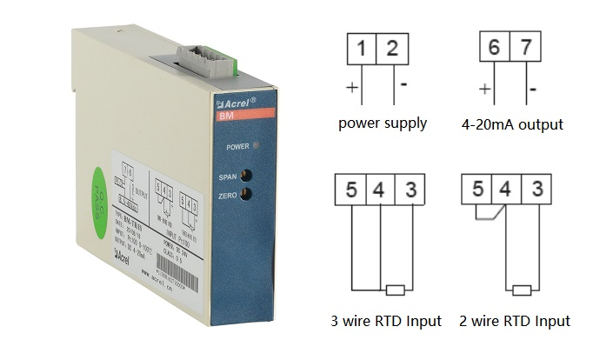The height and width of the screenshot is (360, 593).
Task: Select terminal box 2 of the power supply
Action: click(391, 48)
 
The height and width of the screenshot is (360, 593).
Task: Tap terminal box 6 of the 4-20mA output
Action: click(493, 48)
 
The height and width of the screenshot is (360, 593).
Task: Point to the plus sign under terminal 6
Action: click(484, 89)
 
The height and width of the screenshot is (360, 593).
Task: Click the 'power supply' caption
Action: click(383, 123)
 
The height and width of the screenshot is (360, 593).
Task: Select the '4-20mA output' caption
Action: click(512, 124)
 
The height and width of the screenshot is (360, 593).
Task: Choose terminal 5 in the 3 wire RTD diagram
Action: click(350, 190)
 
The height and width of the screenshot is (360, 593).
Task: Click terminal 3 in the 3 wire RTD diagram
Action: click(410, 190)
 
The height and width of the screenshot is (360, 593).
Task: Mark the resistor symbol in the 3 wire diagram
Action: click(396, 290)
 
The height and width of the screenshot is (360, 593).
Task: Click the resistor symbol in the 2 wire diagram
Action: click(523, 290)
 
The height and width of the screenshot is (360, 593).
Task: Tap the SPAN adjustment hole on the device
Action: click(246, 175)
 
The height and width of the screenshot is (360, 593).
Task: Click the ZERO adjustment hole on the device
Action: click(246, 194)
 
